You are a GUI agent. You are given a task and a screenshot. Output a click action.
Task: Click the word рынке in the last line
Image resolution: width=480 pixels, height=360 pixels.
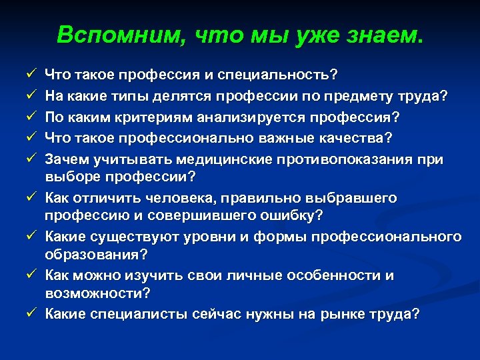(345, 314)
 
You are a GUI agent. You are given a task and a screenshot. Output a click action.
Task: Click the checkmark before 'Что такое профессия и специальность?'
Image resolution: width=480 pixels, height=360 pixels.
(31, 75)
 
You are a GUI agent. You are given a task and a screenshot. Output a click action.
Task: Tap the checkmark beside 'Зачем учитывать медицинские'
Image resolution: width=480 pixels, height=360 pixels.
(31, 158)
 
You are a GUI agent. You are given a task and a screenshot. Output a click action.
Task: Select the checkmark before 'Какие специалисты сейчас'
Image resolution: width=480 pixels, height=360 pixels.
(31, 314)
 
